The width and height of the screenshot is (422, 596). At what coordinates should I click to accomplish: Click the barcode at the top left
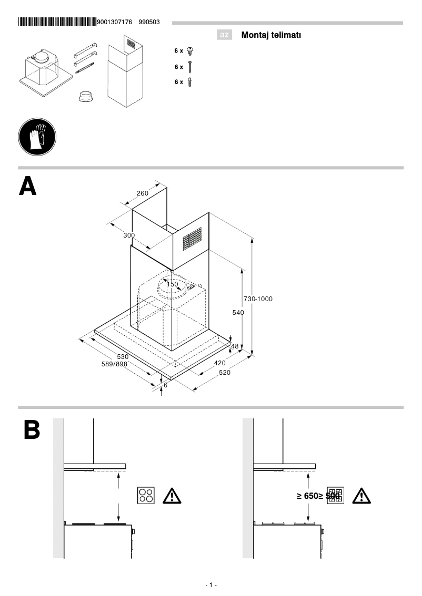[57, 22]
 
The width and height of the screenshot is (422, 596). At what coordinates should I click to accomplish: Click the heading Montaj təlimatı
[271, 35]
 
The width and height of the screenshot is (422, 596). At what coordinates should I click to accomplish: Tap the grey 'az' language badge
[224, 35]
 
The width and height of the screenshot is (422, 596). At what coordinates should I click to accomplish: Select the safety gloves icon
[37, 137]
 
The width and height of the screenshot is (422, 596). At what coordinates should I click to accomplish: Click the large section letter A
[28, 187]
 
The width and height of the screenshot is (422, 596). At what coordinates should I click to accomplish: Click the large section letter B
[31, 429]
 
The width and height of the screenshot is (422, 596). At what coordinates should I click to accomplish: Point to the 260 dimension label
[143, 193]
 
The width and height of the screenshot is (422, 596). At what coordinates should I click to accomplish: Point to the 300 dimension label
[129, 235]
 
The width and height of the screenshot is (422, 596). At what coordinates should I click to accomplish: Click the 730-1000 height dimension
[258, 299]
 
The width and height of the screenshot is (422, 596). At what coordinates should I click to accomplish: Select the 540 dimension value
[238, 312]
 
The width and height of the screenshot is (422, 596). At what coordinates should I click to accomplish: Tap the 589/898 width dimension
[114, 364]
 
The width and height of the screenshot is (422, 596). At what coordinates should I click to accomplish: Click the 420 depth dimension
[219, 363]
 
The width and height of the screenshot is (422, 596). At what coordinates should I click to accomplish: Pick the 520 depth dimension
[225, 372]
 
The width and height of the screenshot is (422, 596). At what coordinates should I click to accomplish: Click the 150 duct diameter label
[172, 284]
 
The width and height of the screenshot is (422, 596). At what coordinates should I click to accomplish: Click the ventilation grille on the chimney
[192, 239]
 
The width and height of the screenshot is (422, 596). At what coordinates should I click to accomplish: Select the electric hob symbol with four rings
[146, 495]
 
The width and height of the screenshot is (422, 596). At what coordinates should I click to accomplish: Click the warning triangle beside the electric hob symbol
[172, 496]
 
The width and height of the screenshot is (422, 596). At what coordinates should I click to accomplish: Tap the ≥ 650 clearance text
[306, 496]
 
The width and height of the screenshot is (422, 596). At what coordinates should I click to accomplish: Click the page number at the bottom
[211, 585]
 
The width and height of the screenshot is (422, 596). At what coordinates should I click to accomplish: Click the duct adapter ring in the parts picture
[85, 97]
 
